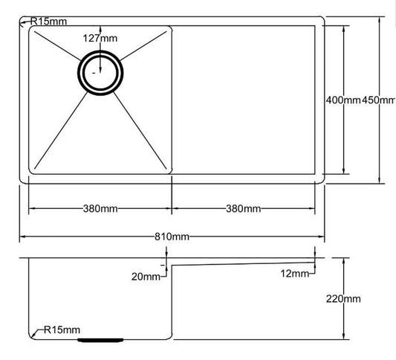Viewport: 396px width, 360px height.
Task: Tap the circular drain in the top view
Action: coord(97,72)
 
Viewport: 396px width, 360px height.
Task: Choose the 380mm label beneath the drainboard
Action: coord(243,208)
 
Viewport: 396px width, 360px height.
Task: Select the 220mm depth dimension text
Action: coord(344,299)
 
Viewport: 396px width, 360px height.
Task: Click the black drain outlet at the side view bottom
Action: coord(99,338)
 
